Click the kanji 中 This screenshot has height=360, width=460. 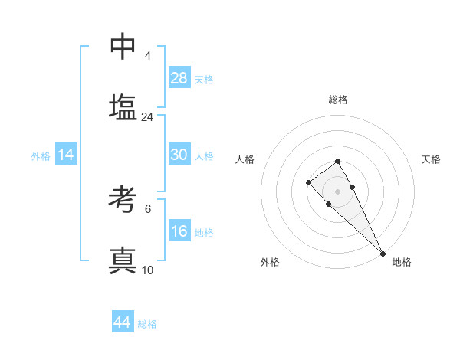pos(123,47)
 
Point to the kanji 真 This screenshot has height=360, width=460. pos(123,261)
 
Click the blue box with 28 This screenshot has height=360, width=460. pos(179,78)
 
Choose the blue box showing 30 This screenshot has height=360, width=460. pos(179,155)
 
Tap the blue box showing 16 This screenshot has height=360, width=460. pos(179,231)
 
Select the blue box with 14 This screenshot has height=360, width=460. pos(66,155)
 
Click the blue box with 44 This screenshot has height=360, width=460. pos(123,322)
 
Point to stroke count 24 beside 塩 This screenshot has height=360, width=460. pos(148,117)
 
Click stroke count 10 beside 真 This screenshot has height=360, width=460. pos(148,270)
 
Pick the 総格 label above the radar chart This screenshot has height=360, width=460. pos(337,100)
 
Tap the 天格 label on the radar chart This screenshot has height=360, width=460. pos(431,159)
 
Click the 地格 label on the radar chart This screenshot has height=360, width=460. pos(402,262)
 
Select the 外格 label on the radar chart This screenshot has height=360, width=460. pos(270,262)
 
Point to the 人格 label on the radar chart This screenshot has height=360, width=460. pos(245,159)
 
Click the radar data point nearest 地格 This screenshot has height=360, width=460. pos(383,254)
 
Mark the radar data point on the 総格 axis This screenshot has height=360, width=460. pos(337,161)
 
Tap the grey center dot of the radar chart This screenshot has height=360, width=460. pos(337,191)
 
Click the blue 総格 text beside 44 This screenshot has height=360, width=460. pos(147,323)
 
